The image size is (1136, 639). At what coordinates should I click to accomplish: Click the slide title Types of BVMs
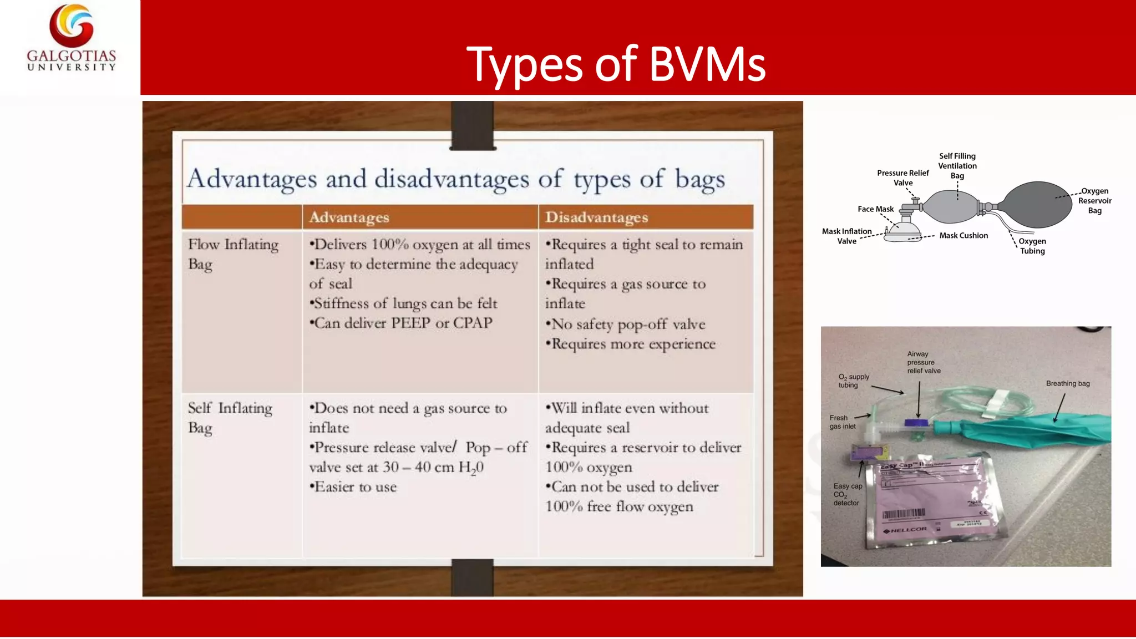click(616, 64)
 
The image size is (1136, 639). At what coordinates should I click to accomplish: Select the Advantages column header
click(349, 217)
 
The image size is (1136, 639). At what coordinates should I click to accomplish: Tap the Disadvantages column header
click(596, 217)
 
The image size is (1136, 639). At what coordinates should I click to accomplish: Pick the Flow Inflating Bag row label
click(233, 254)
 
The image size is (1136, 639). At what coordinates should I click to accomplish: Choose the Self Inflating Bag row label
click(230, 418)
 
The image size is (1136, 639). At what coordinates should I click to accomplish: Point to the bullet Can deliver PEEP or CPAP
click(401, 323)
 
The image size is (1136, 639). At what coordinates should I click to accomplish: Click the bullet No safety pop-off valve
click(626, 324)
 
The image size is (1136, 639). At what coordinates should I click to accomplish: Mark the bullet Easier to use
click(353, 487)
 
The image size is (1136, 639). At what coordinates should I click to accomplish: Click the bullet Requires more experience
click(631, 344)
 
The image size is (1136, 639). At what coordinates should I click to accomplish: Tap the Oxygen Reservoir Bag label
click(1094, 201)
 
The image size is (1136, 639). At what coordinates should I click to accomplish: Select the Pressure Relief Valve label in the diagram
click(902, 177)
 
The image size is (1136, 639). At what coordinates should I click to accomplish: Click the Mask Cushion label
click(963, 236)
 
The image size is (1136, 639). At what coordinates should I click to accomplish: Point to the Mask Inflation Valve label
click(846, 236)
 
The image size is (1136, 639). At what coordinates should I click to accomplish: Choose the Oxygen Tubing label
click(1032, 246)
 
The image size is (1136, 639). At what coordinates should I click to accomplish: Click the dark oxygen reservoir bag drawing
click(1037, 204)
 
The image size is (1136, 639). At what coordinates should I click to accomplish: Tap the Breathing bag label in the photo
click(1068, 383)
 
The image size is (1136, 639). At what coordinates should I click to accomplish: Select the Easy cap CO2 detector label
click(847, 494)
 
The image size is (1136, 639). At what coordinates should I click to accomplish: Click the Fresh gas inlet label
click(842, 422)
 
